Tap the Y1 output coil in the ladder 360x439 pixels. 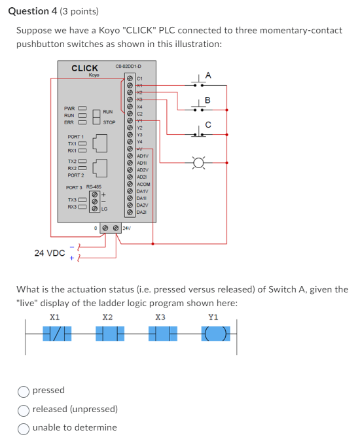(x=213, y=334)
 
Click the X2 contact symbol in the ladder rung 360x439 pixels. (x=107, y=334)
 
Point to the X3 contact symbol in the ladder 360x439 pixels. (x=160, y=334)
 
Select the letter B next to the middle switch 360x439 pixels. (x=208, y=100)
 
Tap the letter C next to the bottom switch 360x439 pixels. (x=208, y=125)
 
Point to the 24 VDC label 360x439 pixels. (x=50, y=253)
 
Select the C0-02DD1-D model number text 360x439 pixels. (x=128, y=66)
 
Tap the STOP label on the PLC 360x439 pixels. (x=109, y=122)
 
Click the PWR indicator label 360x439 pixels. (x=69, y=108)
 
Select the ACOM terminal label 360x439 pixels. (x=144, y=184)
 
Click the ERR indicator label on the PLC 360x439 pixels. (x=69, y=122)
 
